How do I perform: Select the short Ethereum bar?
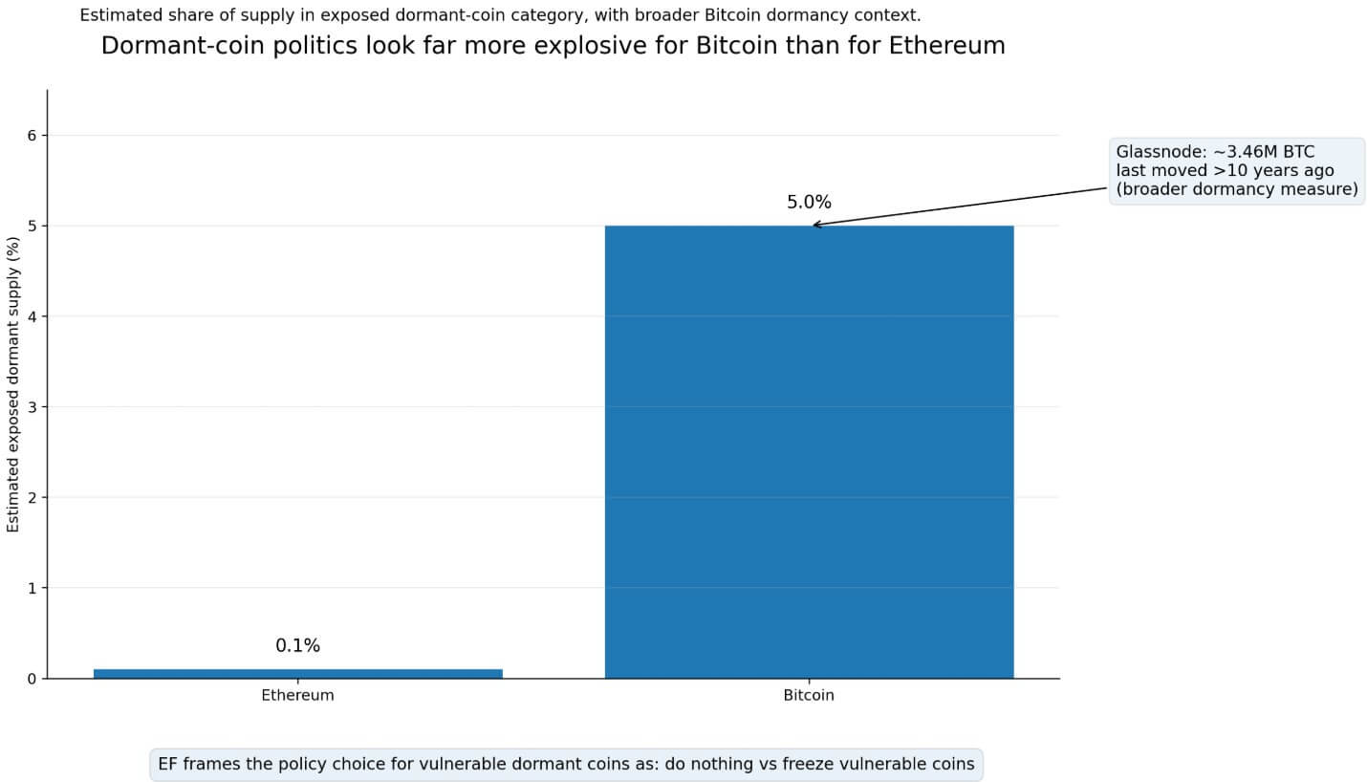pos(297,673)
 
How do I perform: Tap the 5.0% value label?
pos(809,203)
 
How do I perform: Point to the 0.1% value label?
pos(297,646)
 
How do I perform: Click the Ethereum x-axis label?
pos(297,696)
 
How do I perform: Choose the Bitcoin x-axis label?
pos(809,696)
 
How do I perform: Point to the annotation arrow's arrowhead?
pos(815,225)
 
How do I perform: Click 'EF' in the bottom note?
pos(168,765)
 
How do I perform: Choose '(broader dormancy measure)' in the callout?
pos(1237,189)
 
